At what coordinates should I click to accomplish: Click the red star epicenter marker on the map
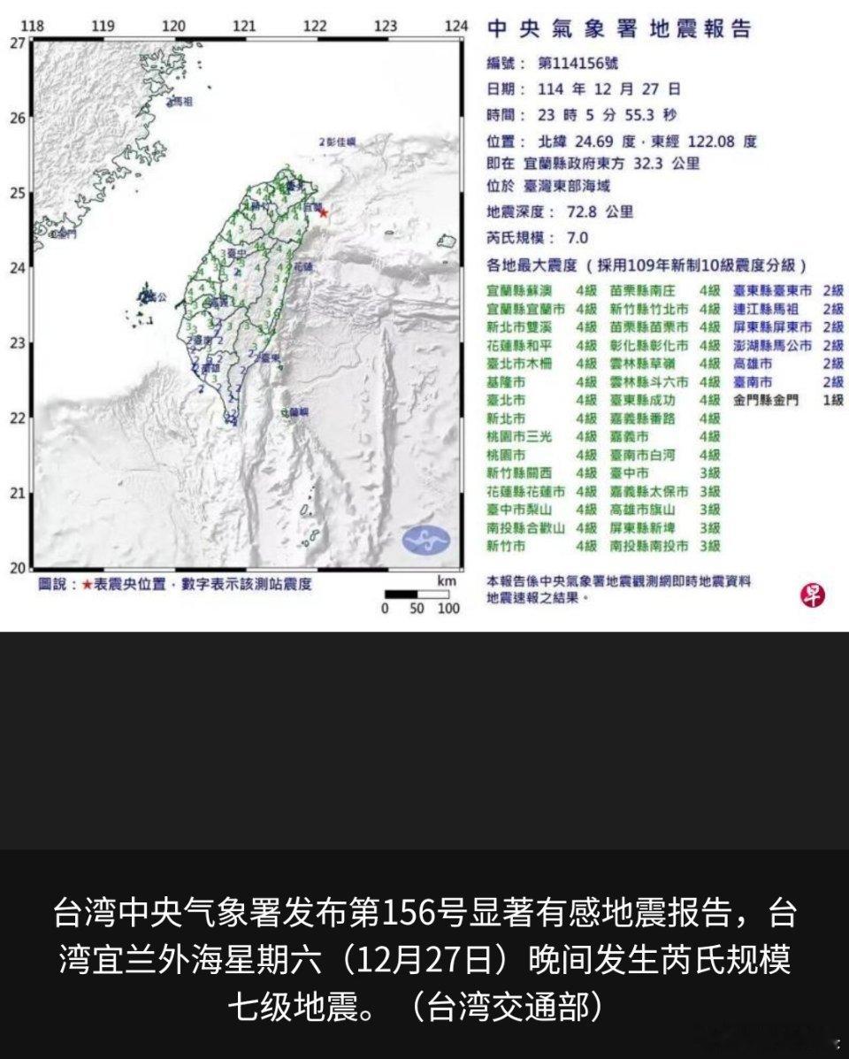[x=323, y=212]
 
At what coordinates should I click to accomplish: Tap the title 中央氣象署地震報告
[x=618, y=28]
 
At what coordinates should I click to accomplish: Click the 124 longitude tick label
[x=455, y=27]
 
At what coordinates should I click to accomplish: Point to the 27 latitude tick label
[x=18, y=42]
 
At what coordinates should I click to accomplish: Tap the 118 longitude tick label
[x=33, y=27]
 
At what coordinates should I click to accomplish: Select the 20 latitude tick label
[x=18, y=567]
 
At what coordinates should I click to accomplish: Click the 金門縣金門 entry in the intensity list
[x=766, y=401]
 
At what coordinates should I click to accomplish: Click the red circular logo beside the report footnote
[x=812, y=595]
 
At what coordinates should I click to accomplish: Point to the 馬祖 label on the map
[x=180, y=103]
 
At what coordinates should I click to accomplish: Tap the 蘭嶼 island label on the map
[x=298, y=412]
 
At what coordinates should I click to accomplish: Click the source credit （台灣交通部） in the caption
[x=515, y=1007]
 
